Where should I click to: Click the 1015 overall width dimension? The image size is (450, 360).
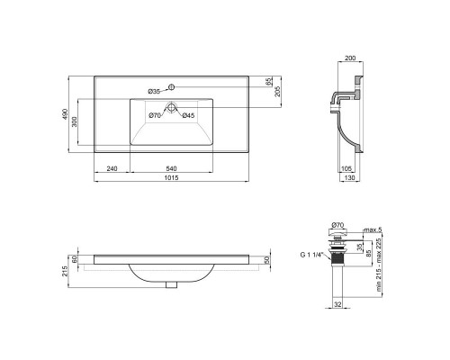(172, 177)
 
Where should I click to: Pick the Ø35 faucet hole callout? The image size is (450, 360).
(155, 91)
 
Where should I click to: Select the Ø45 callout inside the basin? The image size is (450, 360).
(188, 116)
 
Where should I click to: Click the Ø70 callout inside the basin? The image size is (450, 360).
(155, 116)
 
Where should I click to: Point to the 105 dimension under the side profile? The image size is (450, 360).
(346, 168)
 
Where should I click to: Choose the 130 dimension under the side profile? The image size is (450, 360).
(350, 179)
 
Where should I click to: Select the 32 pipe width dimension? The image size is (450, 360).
(337, 305)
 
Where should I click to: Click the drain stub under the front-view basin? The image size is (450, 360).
(172, 285)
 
